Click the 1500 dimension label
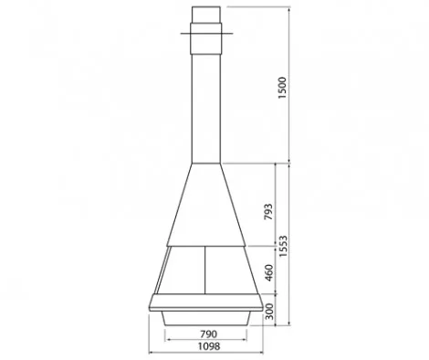283,88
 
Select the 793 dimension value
268,212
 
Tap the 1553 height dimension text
283,246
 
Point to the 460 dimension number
269,273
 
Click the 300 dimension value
269,312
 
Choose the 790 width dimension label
209,334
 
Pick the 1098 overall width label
209,346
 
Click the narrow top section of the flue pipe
206,15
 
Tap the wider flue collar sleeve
206,38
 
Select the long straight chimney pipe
206,109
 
